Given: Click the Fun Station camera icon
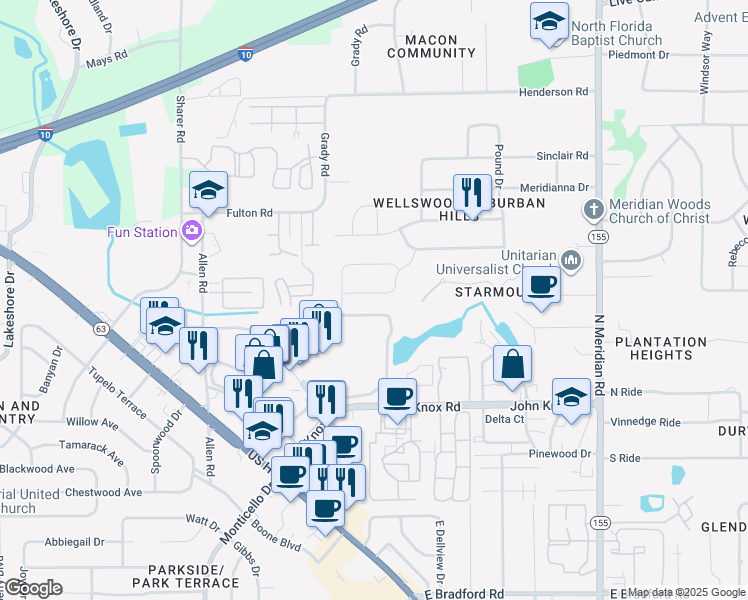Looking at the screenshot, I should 191,231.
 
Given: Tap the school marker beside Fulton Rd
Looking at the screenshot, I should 209,190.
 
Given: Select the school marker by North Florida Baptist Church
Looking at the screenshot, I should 549,22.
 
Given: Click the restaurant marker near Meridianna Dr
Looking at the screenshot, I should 472,192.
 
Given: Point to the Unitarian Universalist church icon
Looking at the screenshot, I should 571,260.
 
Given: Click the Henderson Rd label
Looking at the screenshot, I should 553,92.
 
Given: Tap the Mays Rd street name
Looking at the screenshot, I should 109,61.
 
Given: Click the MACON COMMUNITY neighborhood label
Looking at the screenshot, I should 431,47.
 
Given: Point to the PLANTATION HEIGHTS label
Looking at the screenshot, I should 661,348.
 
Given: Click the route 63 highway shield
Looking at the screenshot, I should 100,328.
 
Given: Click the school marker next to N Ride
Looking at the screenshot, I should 571,397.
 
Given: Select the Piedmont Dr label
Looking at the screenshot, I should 636,54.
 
